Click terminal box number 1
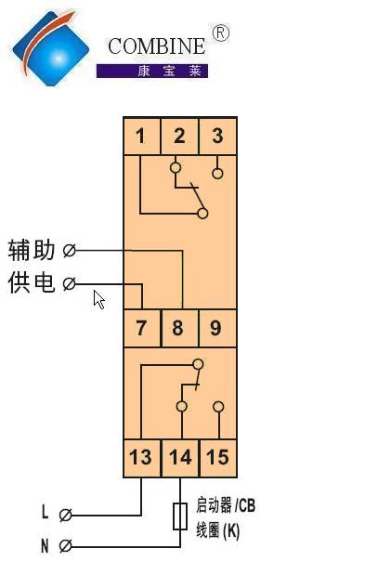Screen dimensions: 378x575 pos(142,136)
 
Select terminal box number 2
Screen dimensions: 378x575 pos(179,136)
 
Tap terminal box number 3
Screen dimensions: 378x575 pos(217,136)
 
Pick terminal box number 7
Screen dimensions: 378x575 pos(142,328)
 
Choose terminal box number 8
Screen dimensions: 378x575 pos(179,328)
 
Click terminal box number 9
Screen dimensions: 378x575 pos(217,328)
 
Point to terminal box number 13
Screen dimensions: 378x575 pos(142,458)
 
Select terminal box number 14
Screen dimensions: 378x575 pos(180,458)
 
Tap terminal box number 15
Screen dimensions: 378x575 pos(218,458)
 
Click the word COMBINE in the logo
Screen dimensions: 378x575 pos(157,46)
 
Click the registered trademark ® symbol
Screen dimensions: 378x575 pos(221,33)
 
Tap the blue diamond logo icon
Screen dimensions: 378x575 pos(50,48)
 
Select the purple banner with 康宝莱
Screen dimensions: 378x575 pos(152,71)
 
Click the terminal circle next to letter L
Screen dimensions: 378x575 pos(65,515)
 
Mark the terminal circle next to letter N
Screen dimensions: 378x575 pos(65,546)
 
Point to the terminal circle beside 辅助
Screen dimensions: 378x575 pos(69,251)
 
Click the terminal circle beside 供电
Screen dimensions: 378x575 pos(69,283)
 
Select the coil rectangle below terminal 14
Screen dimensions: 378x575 pos(180,516)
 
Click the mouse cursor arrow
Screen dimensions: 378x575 pos(98,300)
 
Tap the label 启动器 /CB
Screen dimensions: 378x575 pos(226,505)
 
